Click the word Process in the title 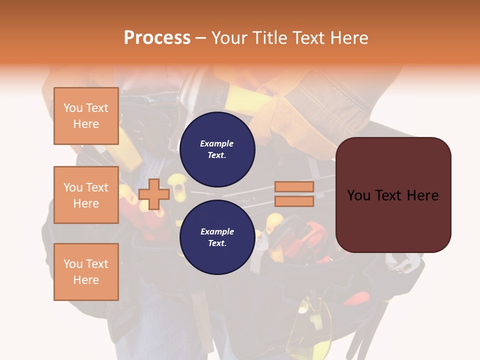coord(157,38)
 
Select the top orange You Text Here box coord(86,116)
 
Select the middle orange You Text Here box coord(86,195)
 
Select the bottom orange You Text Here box coord(86,272)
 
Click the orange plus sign coord(154,194)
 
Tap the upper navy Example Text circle coord(217,149)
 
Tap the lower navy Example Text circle coord(217,237)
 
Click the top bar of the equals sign coord(294,187)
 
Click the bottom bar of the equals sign coord(294,201)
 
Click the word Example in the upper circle coord(217,143)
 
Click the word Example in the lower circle coord(217,231)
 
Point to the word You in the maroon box coord(359,195)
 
